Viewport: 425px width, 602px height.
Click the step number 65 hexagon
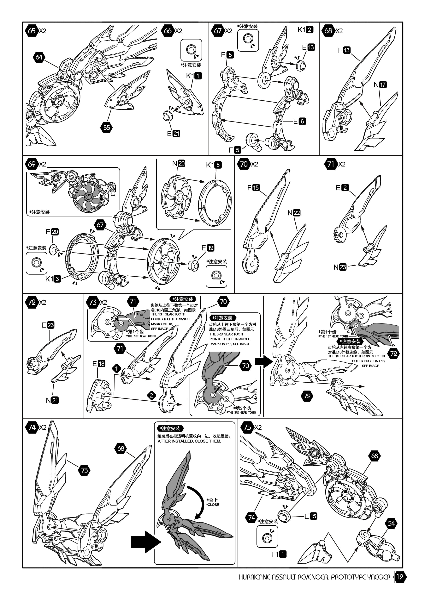(x=32, y=31)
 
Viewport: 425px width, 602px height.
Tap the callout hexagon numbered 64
(x=39, y=57)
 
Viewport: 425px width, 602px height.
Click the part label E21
(x=174, y=134)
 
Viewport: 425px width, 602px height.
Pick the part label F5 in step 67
(x=235, y=150)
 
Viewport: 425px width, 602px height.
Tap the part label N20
(x=179, y=163)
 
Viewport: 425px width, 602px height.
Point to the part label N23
(x=340, y=267)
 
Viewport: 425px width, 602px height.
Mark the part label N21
(x=52, y=400)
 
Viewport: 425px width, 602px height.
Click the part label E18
(x=99, y=363)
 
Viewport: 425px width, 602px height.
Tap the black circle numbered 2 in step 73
(x=151, y=395)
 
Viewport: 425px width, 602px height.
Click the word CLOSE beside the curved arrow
(x=213, y=505)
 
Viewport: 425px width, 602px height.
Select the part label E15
(x=311, y=516)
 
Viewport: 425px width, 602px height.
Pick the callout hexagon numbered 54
(x=391, y=523)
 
